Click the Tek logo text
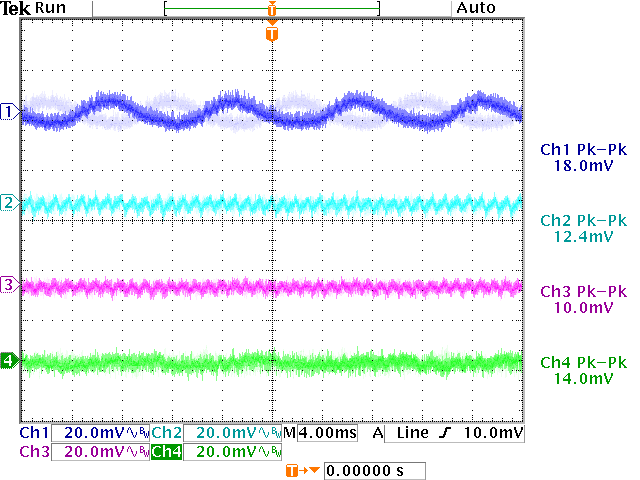click(x=17, y=8)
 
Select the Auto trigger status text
click(x=475, y=8)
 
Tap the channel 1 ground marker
click(x=10, y=111)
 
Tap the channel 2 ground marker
click(x=10, y=203)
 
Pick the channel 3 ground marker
click(x=10, y=286)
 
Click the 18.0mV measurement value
click(x=583, y=164)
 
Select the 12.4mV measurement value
click(x=583, y=237)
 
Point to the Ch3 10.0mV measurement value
click(x=583, y=308)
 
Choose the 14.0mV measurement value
click(x=583, y=379)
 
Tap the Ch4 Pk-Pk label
click(x=583, y=363)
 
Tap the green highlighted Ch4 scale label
click(x=167, y=452)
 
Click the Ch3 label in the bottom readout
click(x=33, y=452)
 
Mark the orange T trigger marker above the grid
click(x=272, y=34)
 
